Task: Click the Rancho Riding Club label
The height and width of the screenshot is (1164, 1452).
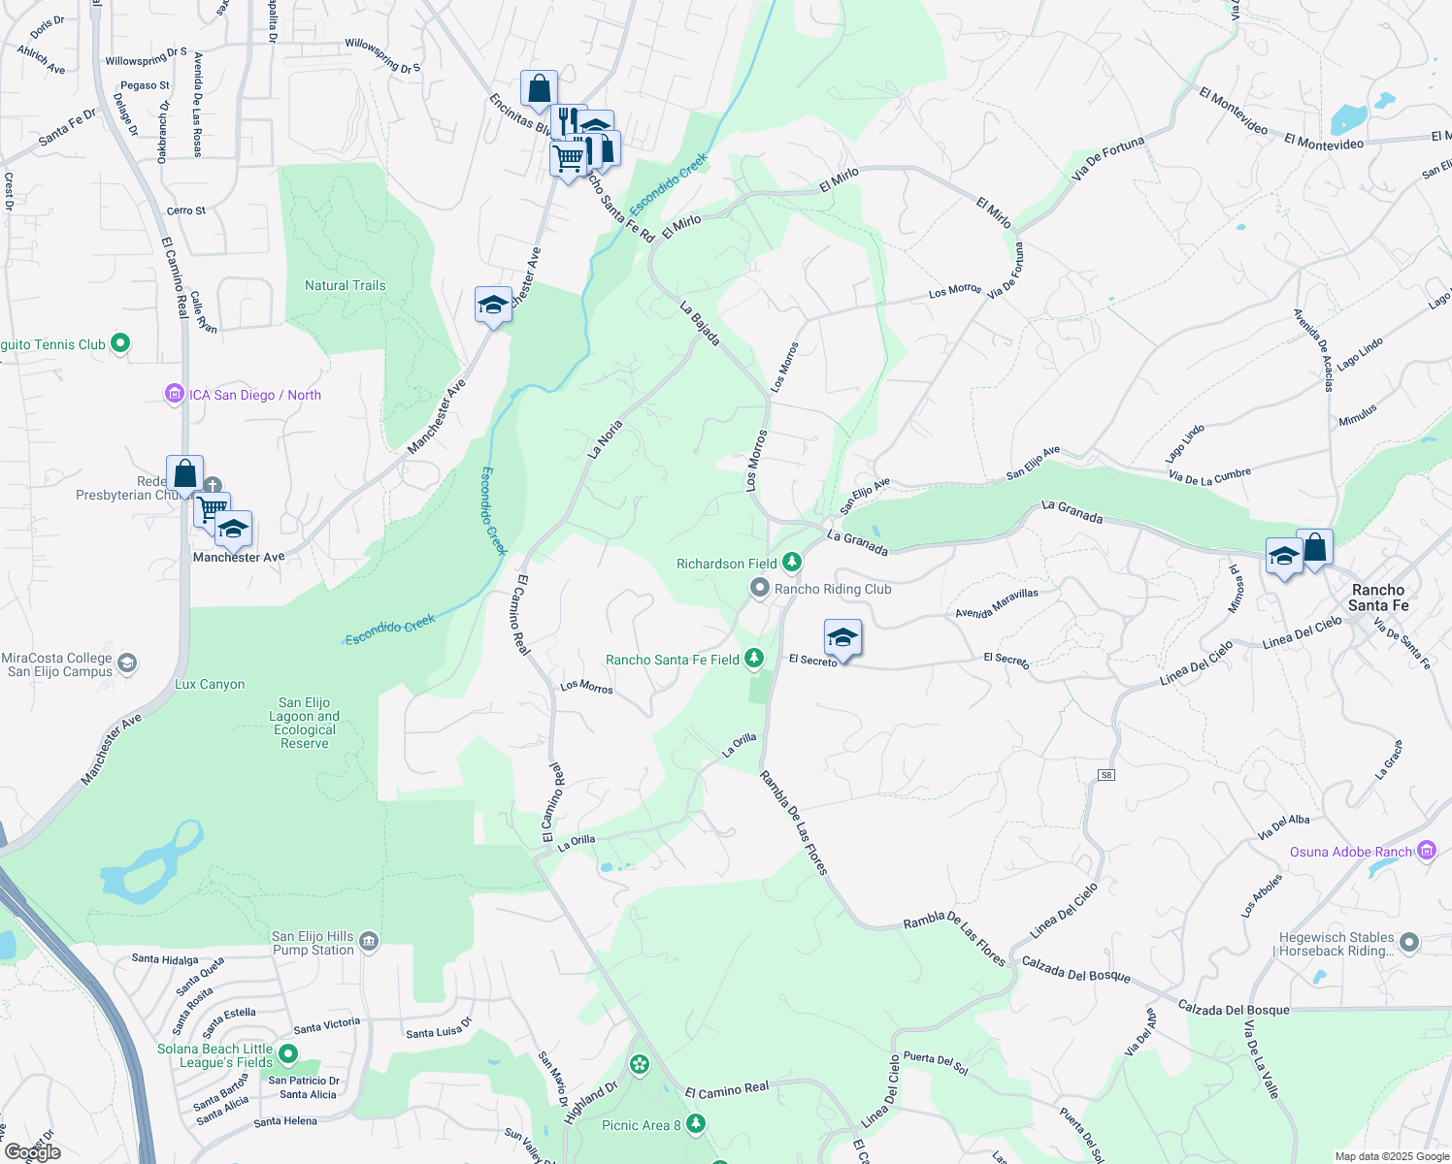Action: [x=832, y=589]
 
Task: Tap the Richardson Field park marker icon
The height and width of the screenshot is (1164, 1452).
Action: [x=792, y=563]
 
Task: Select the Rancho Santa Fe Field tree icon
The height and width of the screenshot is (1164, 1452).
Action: [x=753, y=660]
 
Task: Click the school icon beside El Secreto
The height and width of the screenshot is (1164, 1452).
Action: [x=842, y=638]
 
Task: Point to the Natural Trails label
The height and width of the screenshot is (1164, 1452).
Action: [x=345, y=285]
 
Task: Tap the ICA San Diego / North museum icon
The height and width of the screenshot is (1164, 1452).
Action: [x=175, y=395]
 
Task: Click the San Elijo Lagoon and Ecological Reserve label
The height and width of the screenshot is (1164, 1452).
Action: [x=305, y=723]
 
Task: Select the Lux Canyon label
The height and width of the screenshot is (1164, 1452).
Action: [x=210, y=684]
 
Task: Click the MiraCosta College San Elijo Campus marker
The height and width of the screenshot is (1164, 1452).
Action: [x=127, y=664]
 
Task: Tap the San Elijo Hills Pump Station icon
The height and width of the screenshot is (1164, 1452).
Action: [x=368, y=942]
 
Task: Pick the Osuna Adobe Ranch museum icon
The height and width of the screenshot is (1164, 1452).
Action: [x=1426, y=851]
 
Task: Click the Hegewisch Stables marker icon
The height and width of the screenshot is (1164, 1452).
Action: [x=1409, y=943]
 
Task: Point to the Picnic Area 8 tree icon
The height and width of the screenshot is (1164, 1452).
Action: [x=695, y=1124]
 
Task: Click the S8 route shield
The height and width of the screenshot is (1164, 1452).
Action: [x=1105, y=774]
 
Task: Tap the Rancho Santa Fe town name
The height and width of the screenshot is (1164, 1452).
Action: [x=1378, y=598]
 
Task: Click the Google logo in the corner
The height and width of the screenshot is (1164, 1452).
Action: [x=32, y=1152]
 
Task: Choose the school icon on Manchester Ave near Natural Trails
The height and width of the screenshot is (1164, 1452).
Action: [x=493, y=306]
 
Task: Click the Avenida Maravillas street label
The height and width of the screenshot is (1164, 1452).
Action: [x=997, y=603]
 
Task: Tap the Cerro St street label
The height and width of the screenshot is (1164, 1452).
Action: [x=185, y=210]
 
